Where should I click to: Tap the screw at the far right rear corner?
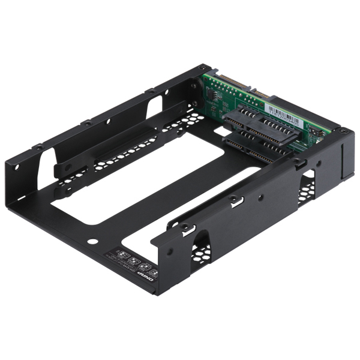pos(343,130)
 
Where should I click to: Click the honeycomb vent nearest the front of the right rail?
pos(201,247)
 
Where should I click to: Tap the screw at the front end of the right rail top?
pos(185,227)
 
